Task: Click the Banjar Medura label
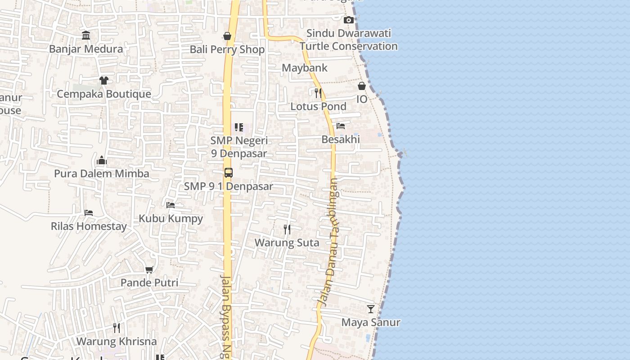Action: [x=86, y=49]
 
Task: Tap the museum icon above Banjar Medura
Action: [x=86, y=35]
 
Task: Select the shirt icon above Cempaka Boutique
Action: [x=104, y=81]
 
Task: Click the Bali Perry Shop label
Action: [x=227, y=49]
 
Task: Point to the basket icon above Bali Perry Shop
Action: [x=227, y=36]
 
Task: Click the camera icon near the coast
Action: [x=348, y=20]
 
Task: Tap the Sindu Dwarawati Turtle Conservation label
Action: [x=349, y=40]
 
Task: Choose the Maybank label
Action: [x=305, y=68]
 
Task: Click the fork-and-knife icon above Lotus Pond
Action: [x=318, y=93]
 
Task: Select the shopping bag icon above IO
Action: [x=362, y=86]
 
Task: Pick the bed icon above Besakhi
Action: [x=341, y=126]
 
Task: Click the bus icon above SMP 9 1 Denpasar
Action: [x=229, y=172]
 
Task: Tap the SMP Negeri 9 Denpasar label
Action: [x=239, y=147]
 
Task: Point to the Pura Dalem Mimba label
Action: [x=102, y=174]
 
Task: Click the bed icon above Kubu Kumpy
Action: [x=171, y=205]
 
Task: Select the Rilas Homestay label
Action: [x=89, y=226]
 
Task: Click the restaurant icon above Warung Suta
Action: [x=287, y=229]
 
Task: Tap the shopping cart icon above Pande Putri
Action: [x=149, y=270]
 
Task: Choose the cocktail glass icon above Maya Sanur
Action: [x=371, y=309]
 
